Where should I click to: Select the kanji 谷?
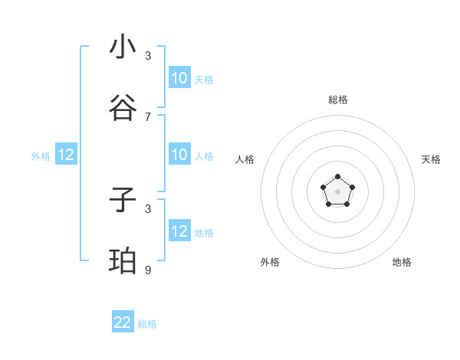123,108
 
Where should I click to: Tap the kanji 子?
123,201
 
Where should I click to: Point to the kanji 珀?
123,263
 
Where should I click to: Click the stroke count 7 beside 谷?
148,116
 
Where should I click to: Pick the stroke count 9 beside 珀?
148,270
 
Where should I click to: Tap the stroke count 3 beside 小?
148,55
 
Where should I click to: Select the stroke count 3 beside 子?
148,208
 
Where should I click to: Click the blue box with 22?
123,322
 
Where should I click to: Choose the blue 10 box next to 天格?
179,78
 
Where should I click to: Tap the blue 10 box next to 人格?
179,155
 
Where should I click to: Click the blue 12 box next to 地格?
179,231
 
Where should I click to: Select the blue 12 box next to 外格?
66,155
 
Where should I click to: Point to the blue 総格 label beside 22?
147,324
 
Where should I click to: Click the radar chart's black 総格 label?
337,100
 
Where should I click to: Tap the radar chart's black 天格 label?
431,159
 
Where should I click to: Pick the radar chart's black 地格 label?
402,262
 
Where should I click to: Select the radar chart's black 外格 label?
270,262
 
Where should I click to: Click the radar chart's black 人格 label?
245,159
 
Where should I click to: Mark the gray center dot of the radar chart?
337,191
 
